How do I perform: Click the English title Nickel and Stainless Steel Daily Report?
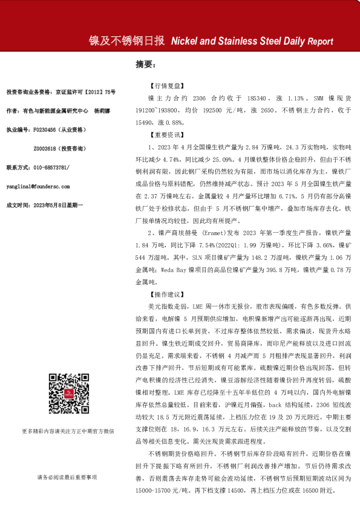[x=252, y=42]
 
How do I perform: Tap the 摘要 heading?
[x=145, y=63]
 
